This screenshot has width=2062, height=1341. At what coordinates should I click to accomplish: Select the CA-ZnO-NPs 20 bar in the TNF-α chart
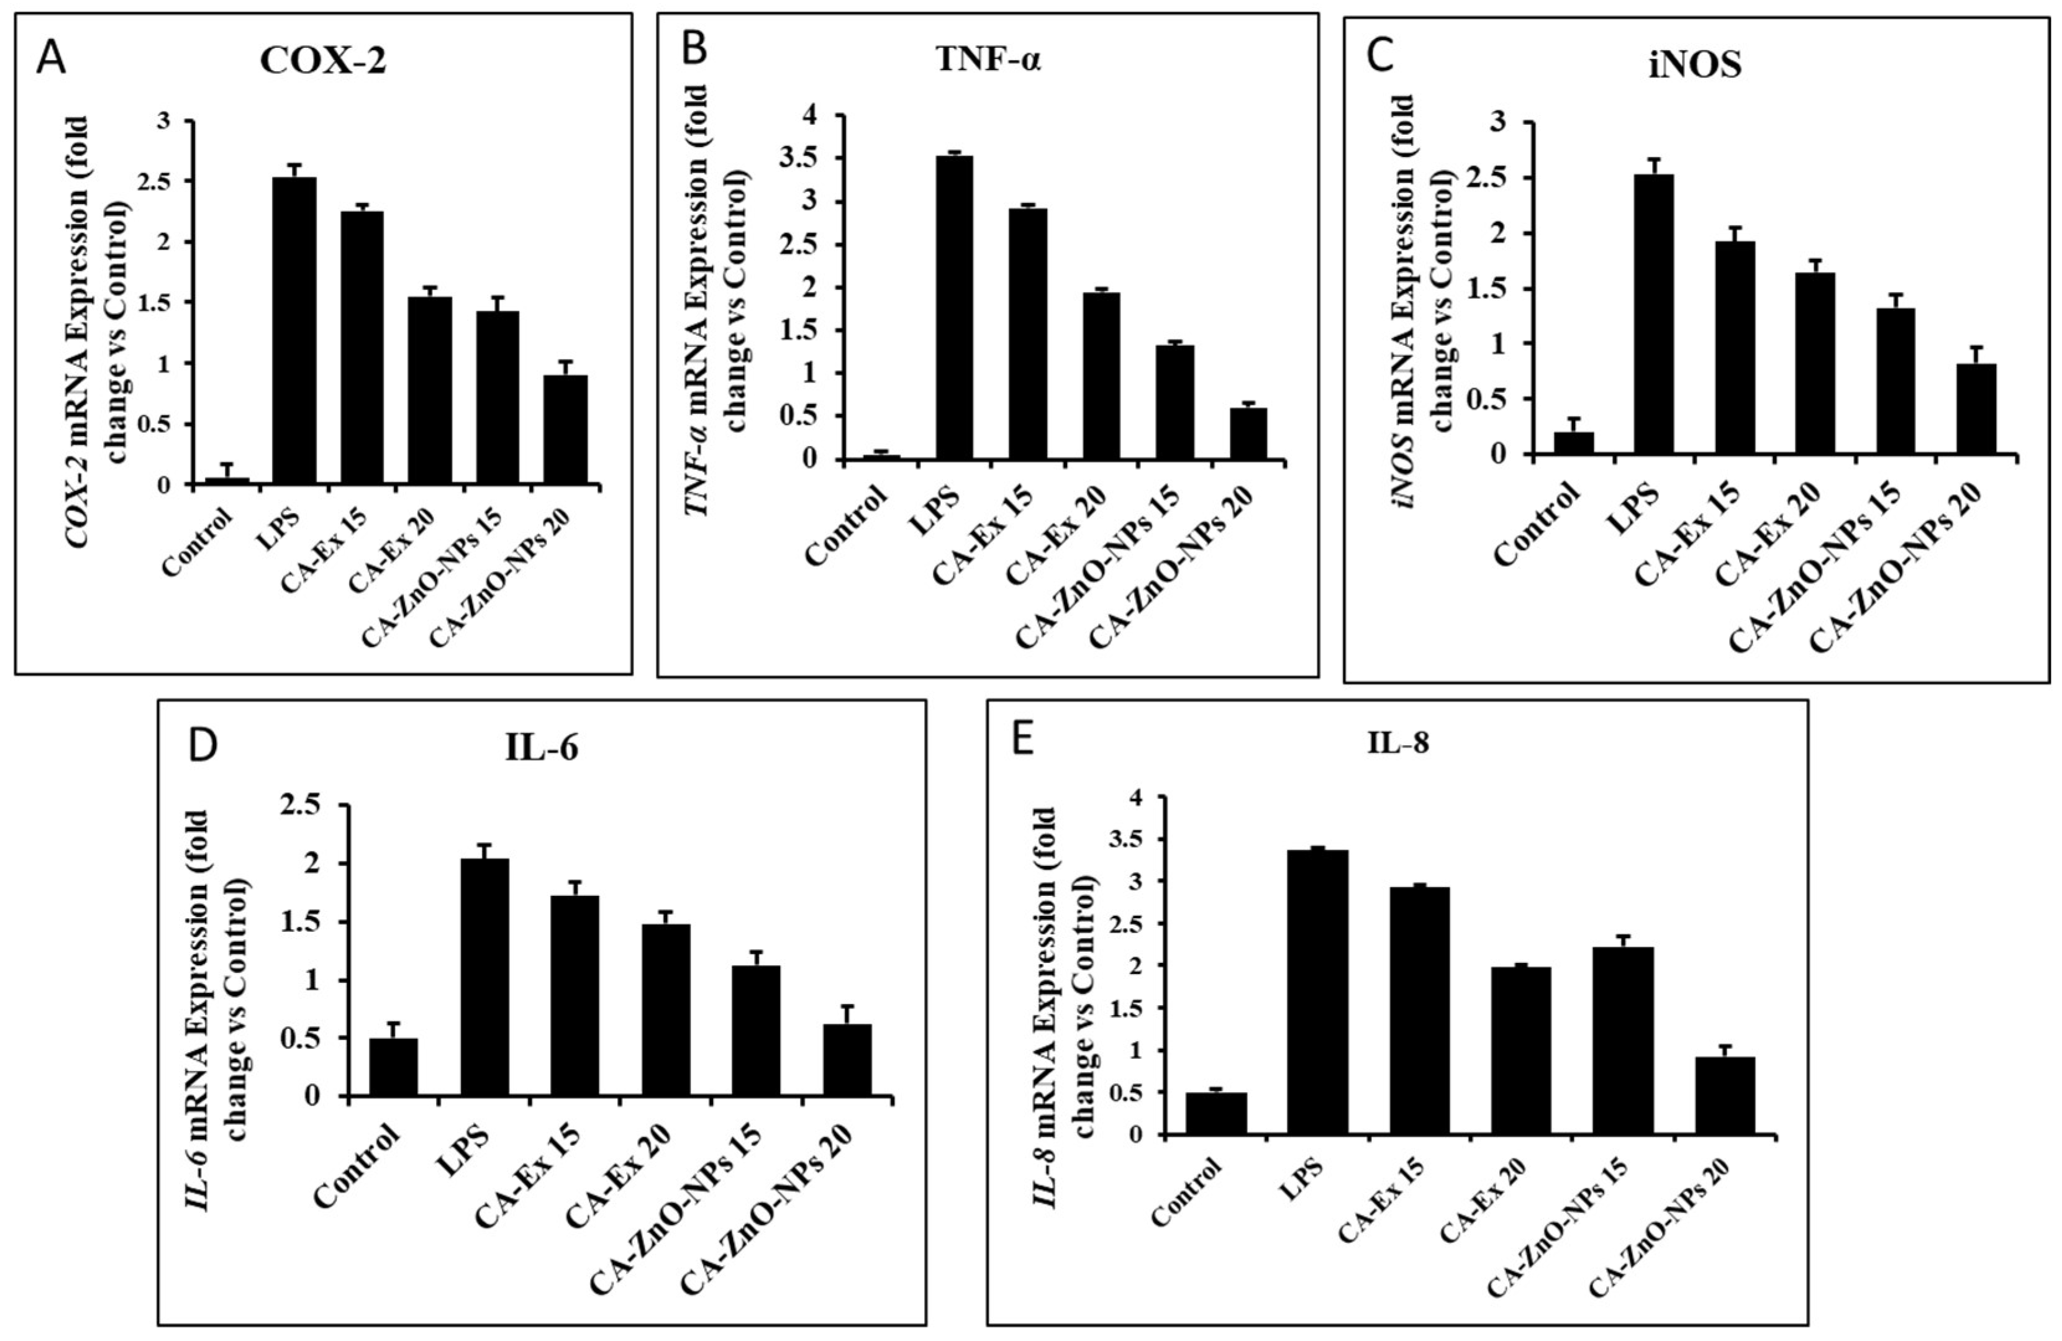(x=1248, y=433)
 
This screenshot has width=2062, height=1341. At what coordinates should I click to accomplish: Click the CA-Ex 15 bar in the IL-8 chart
(x=1420, y=1009)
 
